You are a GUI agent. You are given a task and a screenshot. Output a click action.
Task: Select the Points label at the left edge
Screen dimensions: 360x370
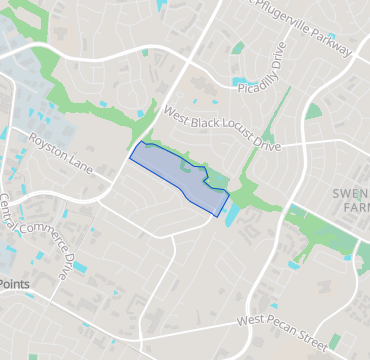14,284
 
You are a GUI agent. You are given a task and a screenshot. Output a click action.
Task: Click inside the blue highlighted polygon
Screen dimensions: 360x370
170,170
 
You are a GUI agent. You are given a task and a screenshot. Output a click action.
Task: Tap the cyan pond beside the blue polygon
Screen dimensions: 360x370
233,211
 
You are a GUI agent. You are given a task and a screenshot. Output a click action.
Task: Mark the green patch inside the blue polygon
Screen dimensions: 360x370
187,167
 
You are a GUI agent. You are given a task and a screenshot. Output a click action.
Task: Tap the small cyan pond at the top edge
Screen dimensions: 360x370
163,5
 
